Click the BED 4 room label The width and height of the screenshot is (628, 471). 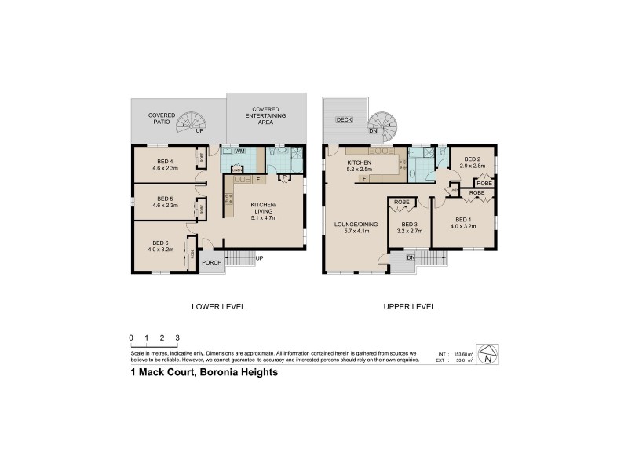tap(165, 161)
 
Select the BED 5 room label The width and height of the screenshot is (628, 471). tap(165, 199)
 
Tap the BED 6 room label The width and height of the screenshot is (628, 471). tap(161, 243)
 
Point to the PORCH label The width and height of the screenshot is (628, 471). tap(212, 262)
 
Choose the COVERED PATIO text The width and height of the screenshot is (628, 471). tap(162, 119)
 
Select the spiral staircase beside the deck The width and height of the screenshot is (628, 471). tap(384, 122)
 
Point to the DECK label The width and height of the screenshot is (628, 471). tap(343, 119)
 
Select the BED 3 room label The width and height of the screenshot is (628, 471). tap(410, 228)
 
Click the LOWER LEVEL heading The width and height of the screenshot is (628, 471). tap(219, 306)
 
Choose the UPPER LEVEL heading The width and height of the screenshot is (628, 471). tap(409, 306)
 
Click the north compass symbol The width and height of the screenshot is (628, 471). tap(487, 355)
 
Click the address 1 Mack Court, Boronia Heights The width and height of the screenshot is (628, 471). tap(204, 374)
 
